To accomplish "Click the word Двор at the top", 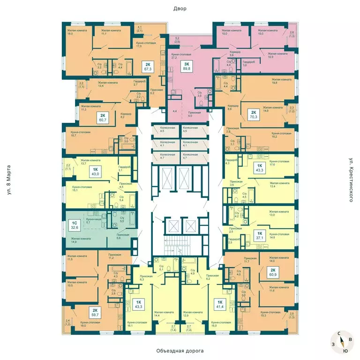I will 180,8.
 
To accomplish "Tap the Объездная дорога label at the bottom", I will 180,351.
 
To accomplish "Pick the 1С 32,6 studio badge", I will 74,226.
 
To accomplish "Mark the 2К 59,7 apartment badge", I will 95,313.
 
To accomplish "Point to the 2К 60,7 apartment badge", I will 100,117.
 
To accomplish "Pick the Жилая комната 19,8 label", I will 281,82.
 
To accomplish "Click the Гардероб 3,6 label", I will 248,64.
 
